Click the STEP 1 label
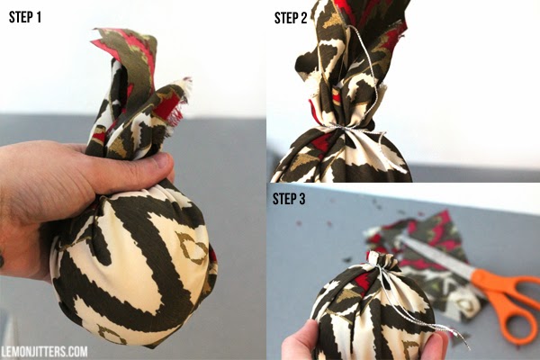click(x=25, y=17)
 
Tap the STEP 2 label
click(x=291, y=18)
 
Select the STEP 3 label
click(x=289, y=199)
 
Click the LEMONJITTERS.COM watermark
click(x=44, y=352)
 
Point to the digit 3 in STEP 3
click(x=301, y=199)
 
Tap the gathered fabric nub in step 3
click(x=383, y=260)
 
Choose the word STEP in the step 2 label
click(x=286, y=18)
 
